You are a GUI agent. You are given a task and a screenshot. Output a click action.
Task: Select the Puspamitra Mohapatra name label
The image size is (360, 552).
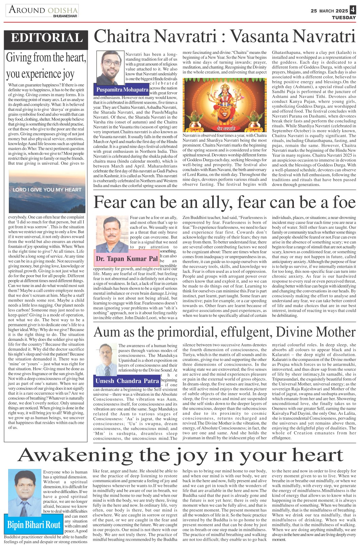(122, 90)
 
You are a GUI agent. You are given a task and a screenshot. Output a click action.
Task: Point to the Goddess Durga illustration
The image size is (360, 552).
(224, 105)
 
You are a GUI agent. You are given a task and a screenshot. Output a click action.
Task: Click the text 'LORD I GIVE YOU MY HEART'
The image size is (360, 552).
(47, 190)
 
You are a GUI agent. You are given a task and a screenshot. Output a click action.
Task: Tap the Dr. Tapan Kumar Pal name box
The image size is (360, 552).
(127, 259)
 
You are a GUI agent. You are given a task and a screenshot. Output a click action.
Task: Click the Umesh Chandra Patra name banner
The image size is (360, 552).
(127, 381)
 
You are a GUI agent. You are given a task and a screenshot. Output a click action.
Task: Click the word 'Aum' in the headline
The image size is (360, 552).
(106, 332)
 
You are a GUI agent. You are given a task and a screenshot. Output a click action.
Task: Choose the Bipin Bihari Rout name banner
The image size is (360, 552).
(34, 525)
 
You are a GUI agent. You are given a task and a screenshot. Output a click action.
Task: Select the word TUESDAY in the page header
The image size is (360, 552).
(344, 18)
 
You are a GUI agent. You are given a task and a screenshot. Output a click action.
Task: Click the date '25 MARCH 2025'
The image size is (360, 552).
(329, 11)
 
